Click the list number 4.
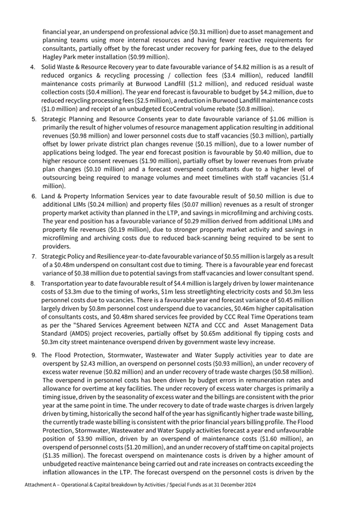tap(33, 67)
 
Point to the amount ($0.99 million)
tap(151, 56)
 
